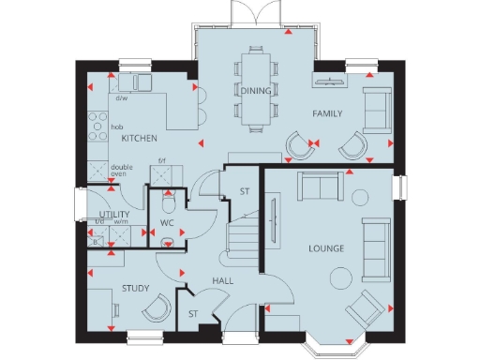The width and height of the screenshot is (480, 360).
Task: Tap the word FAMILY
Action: tap(327, 113)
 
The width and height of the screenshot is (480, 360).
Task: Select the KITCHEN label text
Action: tap(139, 139)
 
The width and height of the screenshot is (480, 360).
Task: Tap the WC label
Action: tap(167, 223)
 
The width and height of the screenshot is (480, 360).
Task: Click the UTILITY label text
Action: tap(113, 215)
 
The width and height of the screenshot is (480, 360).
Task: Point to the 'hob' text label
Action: tap(117, 126)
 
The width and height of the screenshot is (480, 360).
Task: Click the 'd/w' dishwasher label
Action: tap(122, 97)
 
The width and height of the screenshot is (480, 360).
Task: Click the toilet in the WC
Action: tap(167, 204)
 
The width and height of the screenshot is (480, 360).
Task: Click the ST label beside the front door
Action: tap(193, 314)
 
